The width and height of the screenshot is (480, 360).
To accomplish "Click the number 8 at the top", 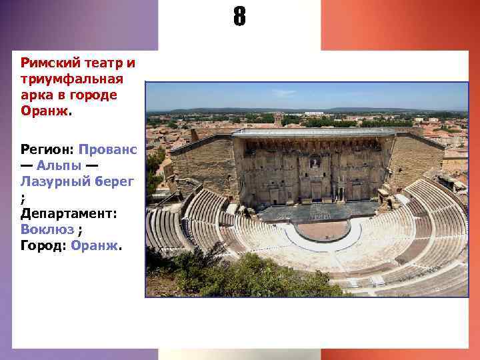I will tap(239, 17).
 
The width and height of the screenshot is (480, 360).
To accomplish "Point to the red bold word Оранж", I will tap(43, 111).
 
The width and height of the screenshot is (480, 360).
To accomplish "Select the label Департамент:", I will tap(69, 213).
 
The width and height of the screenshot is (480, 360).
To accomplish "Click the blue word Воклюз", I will tap(47, 229).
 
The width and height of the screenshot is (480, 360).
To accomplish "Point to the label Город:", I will tap(43, 245).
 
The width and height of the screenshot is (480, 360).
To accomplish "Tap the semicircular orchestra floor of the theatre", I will tap(322, 230).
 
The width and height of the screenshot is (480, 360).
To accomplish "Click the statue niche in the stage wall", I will tap(314, 162).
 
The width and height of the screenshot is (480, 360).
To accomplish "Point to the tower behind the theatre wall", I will tap(278, 120).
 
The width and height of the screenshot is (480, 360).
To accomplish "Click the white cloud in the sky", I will tap(283, 93).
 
